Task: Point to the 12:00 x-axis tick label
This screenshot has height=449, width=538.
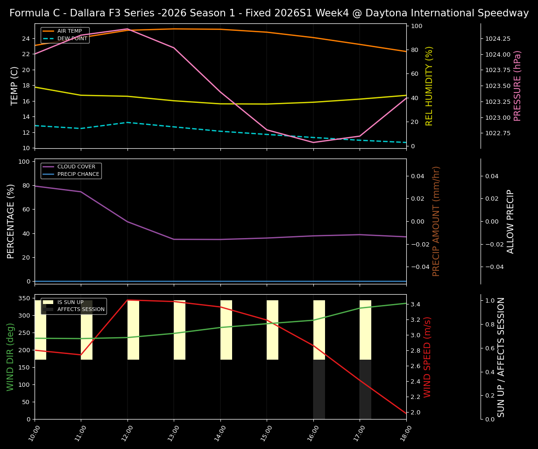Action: [x=123, y=433]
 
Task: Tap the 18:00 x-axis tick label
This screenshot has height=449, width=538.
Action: [x=402, y=433]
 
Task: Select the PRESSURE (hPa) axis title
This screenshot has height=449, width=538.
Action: [x=517, y=86]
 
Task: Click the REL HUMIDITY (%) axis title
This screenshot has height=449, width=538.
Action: [x=429, y=86]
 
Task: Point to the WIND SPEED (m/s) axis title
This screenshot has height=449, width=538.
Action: [x=427, y=356]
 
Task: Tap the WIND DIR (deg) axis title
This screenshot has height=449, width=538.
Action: [x=10, y=356]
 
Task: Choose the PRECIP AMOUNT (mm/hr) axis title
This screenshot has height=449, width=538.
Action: [x=436, y=221]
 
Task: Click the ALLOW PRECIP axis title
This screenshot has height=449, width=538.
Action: [x=510, y=221]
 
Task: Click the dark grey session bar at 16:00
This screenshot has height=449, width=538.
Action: [x=319, y=389]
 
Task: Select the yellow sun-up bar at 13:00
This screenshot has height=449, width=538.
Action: [x=179, y=330]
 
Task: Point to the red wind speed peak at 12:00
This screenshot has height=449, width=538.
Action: [x=127, y=300]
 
